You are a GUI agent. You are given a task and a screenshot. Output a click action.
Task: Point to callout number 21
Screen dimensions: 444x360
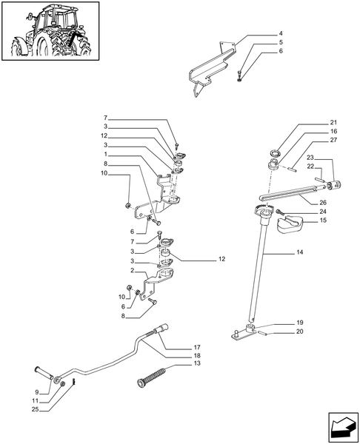point(313,122)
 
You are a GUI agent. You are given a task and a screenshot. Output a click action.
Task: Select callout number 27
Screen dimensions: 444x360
point(313,140)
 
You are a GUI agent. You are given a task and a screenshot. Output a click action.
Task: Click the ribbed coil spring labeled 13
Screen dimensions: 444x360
point(150,371)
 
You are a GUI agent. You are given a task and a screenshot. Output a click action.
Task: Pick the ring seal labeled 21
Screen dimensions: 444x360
point(274,155)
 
